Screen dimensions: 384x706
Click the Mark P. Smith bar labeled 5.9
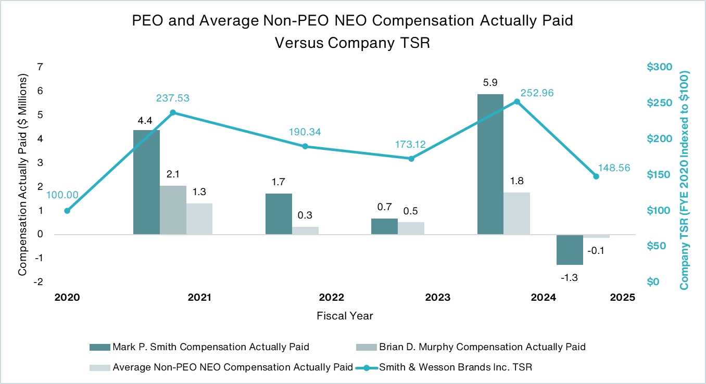click(490, 164)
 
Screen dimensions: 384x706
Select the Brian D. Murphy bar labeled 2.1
click(173, 210)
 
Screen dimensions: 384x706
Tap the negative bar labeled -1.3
click(570, 250)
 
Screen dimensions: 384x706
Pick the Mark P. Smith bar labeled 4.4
click(146, 182)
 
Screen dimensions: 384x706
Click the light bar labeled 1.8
click(516, 213)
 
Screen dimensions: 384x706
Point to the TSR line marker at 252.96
click(517, 101)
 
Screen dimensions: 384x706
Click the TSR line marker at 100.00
click(67, 211)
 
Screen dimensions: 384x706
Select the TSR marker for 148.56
click(596, 176)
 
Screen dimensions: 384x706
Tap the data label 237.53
click(173, 98)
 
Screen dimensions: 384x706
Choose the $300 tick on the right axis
click(660, 67)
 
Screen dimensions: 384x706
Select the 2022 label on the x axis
click(332, 298)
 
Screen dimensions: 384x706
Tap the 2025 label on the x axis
click(623, 298)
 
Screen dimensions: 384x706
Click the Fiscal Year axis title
click(345, 316)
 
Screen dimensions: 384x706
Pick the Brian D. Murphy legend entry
click(481, 347)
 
